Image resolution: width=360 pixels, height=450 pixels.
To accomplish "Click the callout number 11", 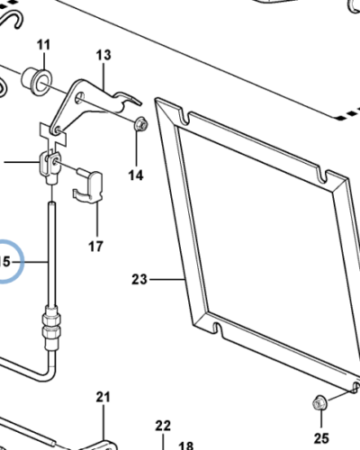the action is coord(44,45).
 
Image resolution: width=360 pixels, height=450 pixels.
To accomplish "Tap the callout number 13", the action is coord(103,55).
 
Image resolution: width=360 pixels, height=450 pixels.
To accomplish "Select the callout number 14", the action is coord(136,175).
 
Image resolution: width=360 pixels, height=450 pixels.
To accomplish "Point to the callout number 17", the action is coord(95,247).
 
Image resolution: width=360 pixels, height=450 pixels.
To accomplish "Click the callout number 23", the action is coord(139,280).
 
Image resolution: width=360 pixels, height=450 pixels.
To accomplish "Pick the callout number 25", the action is coord(321,438).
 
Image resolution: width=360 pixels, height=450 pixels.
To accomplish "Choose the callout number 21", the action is coord(103,397).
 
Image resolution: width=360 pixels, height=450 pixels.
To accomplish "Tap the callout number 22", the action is coord(163,426).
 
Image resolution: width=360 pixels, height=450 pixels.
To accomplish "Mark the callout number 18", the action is coord(186,445).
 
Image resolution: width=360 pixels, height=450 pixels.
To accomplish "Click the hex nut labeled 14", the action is coord(140,124).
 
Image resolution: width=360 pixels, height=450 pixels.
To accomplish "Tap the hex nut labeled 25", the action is coord(319,402).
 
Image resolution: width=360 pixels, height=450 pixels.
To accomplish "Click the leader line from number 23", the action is coord(167,280).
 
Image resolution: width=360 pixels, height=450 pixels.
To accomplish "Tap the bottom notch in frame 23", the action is coord(217,328).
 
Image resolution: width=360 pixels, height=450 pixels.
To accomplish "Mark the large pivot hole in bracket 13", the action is coord(80,97).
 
